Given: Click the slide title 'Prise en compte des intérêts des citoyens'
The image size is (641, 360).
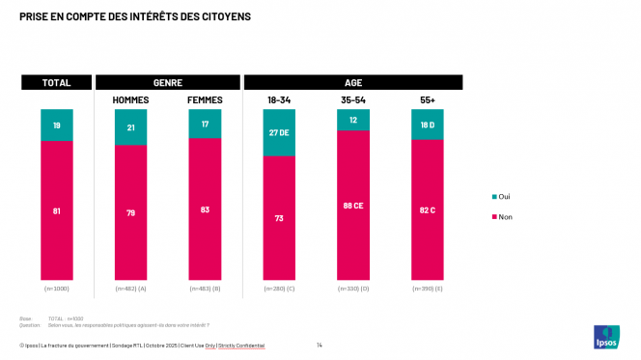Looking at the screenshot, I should coord(134,16).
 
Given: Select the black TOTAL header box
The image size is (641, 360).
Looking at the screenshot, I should coord(57,83).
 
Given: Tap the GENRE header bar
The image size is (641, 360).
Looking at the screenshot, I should coord(168,83).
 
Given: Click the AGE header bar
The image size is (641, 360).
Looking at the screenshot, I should coord(353,83).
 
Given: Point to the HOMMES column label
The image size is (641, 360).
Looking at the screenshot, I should coord(130,100).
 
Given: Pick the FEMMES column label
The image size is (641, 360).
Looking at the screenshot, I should coord(205,100).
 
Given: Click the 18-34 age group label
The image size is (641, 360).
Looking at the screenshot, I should coord(279,100).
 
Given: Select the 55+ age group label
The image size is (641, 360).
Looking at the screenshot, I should coord(427,100).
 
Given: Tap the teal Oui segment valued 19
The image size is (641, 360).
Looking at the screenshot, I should coord(57,125).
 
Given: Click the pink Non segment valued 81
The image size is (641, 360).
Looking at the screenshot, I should coord(57,211).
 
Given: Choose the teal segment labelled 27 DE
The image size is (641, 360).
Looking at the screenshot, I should coord(279,132).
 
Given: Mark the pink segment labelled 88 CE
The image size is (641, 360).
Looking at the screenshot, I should coord(353,205).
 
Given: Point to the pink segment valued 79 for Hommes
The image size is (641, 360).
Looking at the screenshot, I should coord(130,213).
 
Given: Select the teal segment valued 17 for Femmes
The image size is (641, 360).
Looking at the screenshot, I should coord(205,124).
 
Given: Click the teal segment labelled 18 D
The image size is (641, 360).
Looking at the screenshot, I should coord(427,125).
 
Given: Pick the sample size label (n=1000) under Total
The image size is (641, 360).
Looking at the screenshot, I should coord(57,289).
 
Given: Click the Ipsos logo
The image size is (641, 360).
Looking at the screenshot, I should coord(606,338).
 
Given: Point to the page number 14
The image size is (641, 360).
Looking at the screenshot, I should coord(320,345).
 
